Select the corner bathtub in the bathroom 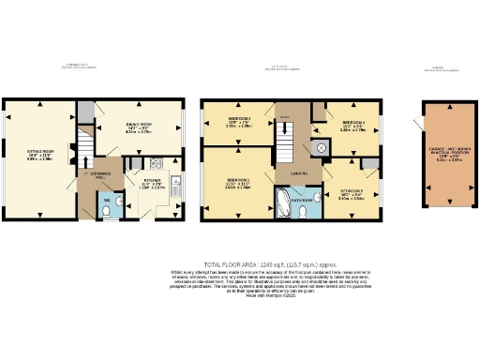284,200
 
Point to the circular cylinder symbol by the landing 322,147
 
